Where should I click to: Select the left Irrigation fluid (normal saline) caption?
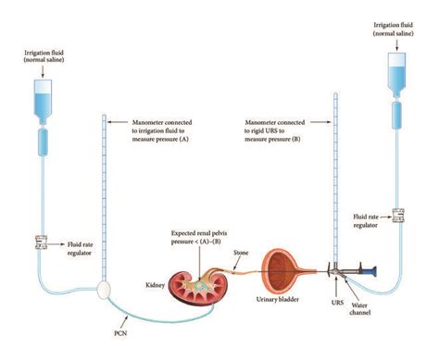(43, 59)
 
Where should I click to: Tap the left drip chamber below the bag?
(43, 143)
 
